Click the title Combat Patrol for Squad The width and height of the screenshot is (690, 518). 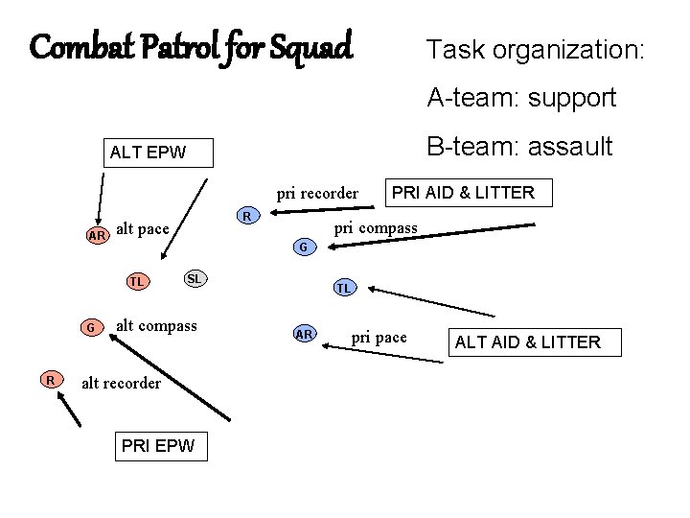click(x=192, y=46)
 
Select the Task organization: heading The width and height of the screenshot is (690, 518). click(x=536, y=50)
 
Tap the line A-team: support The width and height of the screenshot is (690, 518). click(x=521, y=97)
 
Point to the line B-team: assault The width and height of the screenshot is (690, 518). click(x=519, y=146)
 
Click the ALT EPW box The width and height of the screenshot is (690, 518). click(x=148, y=152)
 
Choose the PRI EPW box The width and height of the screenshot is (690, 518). click(x=158, y=445)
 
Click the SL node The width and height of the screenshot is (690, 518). click(x=194, y=278)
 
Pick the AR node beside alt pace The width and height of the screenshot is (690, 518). click(x=96, y=235)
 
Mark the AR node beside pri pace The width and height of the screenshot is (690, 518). click(x=305, y=334)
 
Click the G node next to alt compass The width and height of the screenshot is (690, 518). click(x=89, y=327)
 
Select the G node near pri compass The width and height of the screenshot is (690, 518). click(x=302, y=247)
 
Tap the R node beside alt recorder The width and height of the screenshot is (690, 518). click(x=49, y=380)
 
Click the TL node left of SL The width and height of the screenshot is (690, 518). click(x=138, y=282)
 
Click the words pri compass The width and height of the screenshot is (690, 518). click(x=375, y=228)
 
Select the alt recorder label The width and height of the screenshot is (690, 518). click(x=122, y=384)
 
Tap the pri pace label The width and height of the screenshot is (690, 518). click(x=379, y=338)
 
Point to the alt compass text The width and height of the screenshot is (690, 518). click(x=156, y=326)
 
